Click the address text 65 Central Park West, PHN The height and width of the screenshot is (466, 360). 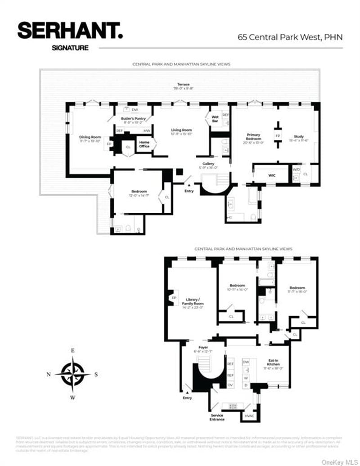pyautogui.click(x=290, y=37)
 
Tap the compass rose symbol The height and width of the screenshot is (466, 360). pyautogui.click(x=72, y=372)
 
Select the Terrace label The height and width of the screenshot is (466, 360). pyautogui.click(x=183, y=85)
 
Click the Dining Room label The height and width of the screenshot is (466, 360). pyautogui.click(x=90, y=137)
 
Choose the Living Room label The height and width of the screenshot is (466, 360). pyautogui.click(x=181, y=130)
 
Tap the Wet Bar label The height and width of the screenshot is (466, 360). pyautogui.click(x=215, y=119)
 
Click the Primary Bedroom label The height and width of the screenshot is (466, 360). pyautogui.click(x=253, y=137)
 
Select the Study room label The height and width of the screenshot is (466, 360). pyautogui.click(x=299, y=136)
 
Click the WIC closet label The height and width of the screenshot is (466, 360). pyautogui.click(x=272, y=175)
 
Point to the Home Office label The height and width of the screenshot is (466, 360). pyautogui.click(x=144, y=144)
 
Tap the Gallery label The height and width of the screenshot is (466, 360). pyautogui.click(x=208, y=164)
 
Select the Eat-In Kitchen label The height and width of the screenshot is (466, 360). pyautogui.click(x=274, y=362)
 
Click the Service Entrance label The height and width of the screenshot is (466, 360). pyautogui.click(x=217, y=417)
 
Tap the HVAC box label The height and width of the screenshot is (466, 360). pyautogui.click(x=249, y=416)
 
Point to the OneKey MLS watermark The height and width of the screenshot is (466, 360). pyautogui.click(x=337, y=461)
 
